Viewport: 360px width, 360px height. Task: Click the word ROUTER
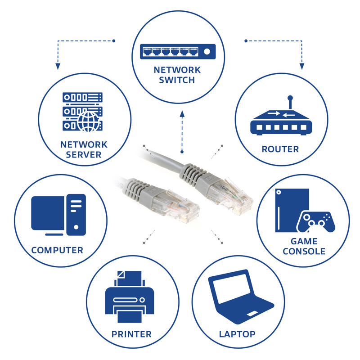pyautogui.click(x=280, y=149)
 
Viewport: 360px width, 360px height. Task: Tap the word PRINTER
pyautogui.click(x=131, y=334)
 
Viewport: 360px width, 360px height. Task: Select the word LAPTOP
pyautogui.click(x=237, y=334)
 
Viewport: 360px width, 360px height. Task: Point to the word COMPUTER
pyautogui.click(x=57, y=250)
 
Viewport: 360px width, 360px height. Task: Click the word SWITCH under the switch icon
pyautogui.click(x=177, y=80)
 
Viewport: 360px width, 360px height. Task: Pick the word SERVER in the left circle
pyautogui.click(x=84, y=155)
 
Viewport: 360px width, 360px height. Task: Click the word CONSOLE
pyautogui.click(x=304, y=252)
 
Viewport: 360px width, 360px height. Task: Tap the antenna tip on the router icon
pyautogui.click(x=290, y=98)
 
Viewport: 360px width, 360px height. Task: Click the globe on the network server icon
pyautogui.click(x=88, y=121)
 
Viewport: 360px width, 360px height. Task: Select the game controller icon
pyautogui.click(x=316, y=221)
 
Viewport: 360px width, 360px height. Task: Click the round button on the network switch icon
pyautogui.click(x=207, y=51)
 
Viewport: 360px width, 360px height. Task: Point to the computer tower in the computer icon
pyautogui.click(x=76, y=215)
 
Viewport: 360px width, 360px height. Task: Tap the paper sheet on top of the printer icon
pyautogui.click(x=130, y=278)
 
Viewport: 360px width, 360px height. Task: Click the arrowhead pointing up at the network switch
pyautogui.click(x=182, y=114)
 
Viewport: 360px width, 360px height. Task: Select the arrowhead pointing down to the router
pyautogui.click(x=302, y=66)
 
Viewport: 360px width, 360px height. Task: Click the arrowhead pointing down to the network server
pyautogui.click(x=58, y=66)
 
